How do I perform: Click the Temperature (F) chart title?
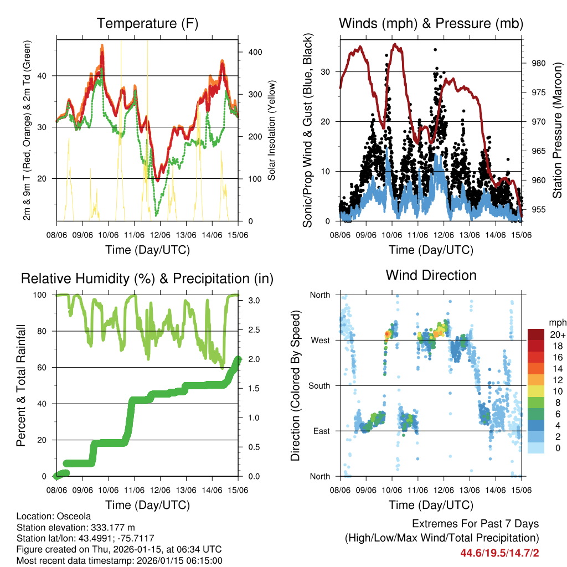(147, 23)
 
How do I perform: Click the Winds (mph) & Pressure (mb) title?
(431, 23)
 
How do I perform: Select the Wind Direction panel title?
(431, 275)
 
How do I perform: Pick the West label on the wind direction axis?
(320, 340)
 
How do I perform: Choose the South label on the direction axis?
(319, 385)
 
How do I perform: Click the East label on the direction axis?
(321, 431)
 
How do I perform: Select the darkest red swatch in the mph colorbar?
(535, 334)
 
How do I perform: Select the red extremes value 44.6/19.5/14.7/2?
(499, 553)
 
